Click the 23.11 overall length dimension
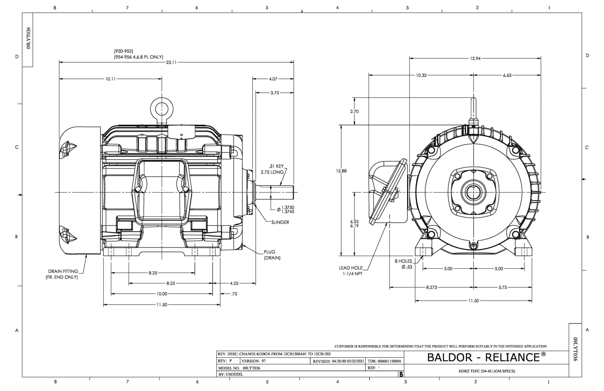coord(171,63)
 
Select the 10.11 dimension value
coord(111,79)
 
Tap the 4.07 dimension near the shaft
coord(273,79)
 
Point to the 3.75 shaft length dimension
coord(274,93)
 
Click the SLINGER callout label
coord(280,222)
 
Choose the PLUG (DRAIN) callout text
coord(272,255)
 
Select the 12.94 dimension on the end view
coord(475,58)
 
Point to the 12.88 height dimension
coord(341,171)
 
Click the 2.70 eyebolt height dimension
coord(354,111)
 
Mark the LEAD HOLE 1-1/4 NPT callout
coord(350,271)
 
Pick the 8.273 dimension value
coord(431,287)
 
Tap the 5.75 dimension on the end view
coord(503,287)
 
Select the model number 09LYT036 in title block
coord(251,368)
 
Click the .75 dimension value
coord(234,294)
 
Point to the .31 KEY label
coord(276,166)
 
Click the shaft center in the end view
coord(473,192)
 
